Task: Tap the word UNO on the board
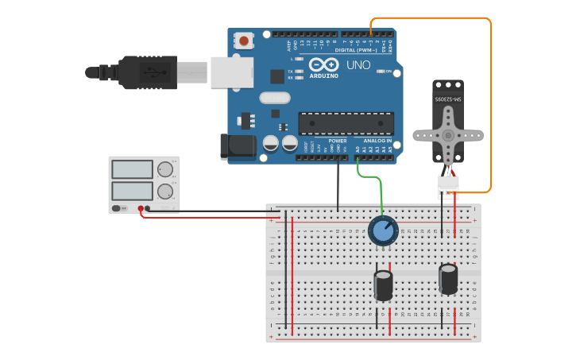(358, 65)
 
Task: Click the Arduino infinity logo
(324, 65)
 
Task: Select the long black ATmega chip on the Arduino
(346, 123)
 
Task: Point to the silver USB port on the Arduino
(231, 72)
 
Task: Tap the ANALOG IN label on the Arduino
(378, 141)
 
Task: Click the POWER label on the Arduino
(337, 141)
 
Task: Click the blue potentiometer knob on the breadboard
(383, 230)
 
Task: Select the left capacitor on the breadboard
(384, 285)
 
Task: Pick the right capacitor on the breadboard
(448, 279)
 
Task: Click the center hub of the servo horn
(448, 136)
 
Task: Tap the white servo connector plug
(448, 187)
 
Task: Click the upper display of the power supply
(133, 169)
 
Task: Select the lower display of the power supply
(133, 191)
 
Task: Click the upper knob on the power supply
(165, 169)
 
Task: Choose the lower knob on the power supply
(165, 192)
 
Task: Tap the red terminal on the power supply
(141, 209)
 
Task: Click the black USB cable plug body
(148, 72)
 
